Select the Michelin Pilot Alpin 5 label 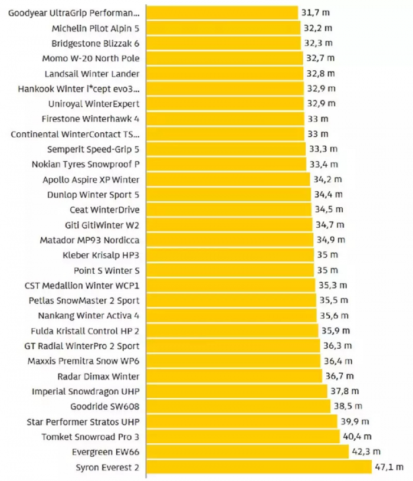click(96, 28)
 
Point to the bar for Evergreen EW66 click(247, 451)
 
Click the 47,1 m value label click(389, 467)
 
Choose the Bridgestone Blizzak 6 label click(96, 43)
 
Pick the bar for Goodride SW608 click(238, 406)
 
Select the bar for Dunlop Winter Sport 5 click(228, 194)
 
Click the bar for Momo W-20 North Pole click(224, 58)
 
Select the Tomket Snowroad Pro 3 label click(90, 437)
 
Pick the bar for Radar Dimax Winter click(234, 376)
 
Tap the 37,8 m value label click(344, 391)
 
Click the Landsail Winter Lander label click(92, 73)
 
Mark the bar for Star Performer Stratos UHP click(242, 421)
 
